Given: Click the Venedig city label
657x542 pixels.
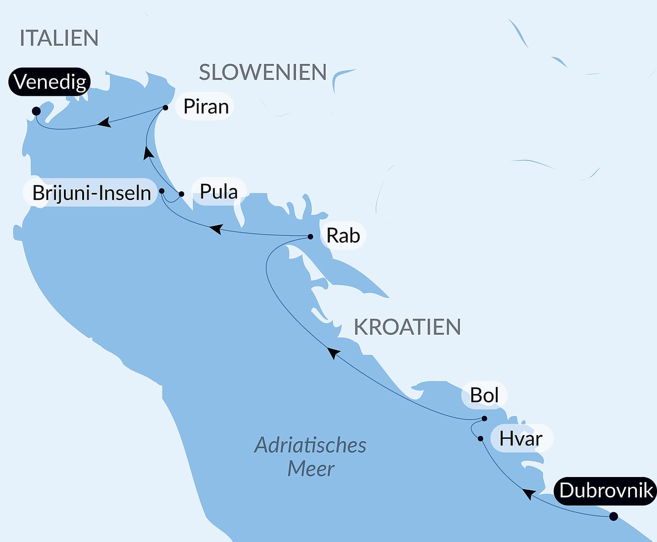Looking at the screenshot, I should click(49, 81).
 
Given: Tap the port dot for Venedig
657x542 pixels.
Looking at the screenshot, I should click(36, 111).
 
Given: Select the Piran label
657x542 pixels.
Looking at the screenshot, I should click(205, 106).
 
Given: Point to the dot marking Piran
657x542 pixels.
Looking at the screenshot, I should click(165, 108).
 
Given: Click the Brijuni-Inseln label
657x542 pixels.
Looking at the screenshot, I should click(91, 192).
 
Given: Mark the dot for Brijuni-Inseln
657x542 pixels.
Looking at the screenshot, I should click(162, 191).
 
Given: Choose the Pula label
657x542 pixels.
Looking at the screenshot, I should click(218, 191).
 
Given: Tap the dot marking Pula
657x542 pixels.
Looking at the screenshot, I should click(181, 194).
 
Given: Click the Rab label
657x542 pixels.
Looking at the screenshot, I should click(343, 235).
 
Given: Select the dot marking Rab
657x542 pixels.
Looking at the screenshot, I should click(310, 237).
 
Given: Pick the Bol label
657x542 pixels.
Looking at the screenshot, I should click(484, 395).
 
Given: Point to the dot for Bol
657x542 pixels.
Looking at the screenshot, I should click(484, 418).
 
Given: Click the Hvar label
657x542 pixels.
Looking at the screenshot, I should click(520, 439).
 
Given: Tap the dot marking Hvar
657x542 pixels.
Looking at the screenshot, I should click(480, 439).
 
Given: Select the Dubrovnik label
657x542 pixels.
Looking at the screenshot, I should click(606, 490).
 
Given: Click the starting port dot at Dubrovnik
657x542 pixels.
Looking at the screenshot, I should click(613, 517).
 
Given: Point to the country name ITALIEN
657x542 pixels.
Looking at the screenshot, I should click(59, 38).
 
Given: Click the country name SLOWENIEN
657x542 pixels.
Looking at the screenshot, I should click(262, 72).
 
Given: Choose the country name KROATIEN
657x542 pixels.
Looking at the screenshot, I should click(407, 327).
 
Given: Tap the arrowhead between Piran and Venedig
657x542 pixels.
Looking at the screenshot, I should click(104, 122).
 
